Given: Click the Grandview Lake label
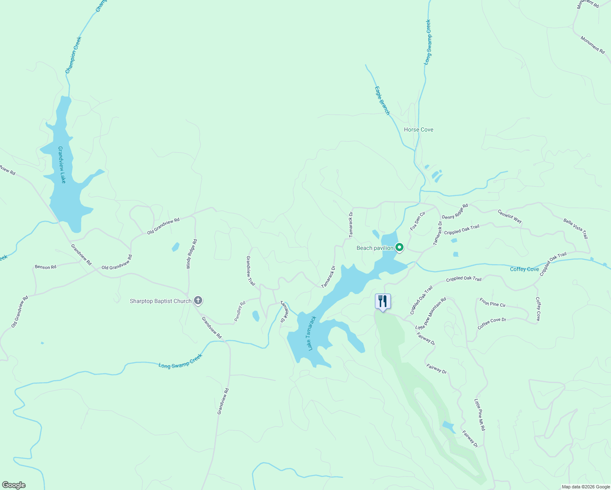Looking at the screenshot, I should tap(62, 165).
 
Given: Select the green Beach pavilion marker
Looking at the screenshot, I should tap(399, 247).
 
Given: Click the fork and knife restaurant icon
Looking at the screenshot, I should tap(383, 301).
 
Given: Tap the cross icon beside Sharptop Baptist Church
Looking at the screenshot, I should tap(198, 301).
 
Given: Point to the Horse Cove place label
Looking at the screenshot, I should tap(418, 129).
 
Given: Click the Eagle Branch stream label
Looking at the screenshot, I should tap(382, 100).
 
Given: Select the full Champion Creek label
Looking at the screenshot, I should tap(74, 55).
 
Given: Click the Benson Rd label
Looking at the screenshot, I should tap(45, 267).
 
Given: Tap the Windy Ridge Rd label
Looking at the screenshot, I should tap(192, 254).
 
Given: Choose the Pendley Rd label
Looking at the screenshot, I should tap(240, 311).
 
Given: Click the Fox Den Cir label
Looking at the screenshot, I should tap(417, 220).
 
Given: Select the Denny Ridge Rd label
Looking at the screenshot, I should tap(455, 211).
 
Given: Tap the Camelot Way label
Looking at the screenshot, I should tap(509, 216).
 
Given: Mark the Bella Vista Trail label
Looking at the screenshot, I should tap(575, 229).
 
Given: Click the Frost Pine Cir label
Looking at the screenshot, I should tap(493, 302).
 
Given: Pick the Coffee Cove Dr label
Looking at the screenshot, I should tap(492, 323).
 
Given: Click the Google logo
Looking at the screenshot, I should tap(13, 485).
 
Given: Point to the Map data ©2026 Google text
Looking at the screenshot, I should tap(585, 487).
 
